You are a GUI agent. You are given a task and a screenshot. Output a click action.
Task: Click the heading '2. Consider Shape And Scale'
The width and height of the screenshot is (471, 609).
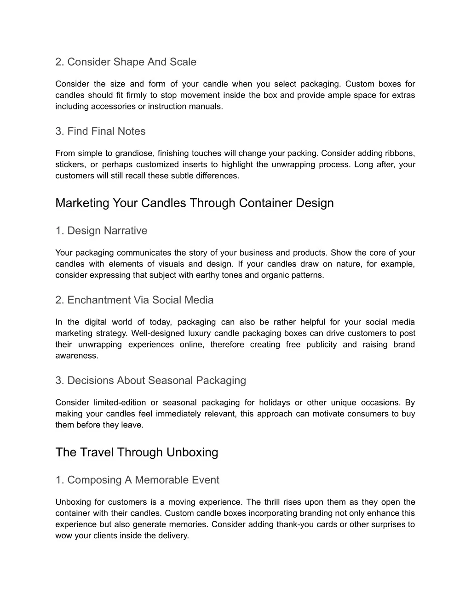tap(126, 62)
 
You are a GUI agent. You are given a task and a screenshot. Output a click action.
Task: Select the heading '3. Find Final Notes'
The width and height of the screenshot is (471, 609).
tap(100, 131)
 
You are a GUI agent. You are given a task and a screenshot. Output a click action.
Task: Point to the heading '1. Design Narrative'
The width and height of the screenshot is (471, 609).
tap(101, 231)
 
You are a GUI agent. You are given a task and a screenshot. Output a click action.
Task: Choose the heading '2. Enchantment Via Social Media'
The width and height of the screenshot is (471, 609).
tap(134, 300)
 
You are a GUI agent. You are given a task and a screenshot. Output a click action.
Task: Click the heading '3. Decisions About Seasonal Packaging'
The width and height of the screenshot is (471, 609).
tap(150, 381)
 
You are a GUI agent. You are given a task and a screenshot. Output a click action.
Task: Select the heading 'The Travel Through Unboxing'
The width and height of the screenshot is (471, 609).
tap(137, 452)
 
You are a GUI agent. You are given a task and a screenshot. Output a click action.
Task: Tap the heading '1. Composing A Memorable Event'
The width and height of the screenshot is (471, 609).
tap(137, 480)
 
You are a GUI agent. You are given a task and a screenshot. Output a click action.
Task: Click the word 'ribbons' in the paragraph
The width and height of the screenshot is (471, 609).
tap(400, 154)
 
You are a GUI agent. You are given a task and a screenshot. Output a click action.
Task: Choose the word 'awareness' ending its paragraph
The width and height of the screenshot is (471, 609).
tap(76, 356)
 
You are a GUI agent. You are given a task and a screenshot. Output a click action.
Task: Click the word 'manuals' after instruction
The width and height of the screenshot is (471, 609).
tap(208, 107)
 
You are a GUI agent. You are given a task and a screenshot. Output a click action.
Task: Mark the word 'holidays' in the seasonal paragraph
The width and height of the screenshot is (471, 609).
tap(274, 403)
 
